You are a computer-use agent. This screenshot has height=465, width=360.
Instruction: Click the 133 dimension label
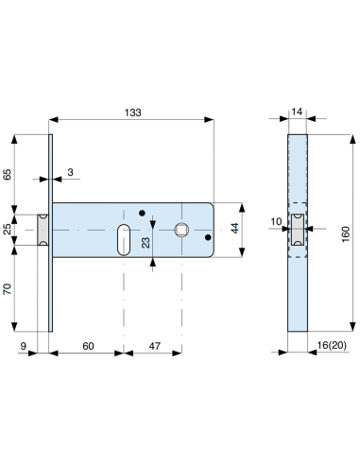(x=132, y=112)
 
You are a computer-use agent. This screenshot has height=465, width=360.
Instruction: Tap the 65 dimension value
(x=7, y=174)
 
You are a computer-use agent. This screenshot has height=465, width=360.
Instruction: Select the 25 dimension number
(x=7, y=229)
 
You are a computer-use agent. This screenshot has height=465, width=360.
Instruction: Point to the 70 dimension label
(x=7, y=289)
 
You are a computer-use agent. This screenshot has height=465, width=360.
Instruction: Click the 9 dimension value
(x=24, y=346)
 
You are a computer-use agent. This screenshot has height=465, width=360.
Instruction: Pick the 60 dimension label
(x=88, y=346)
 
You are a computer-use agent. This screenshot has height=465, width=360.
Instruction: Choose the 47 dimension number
(x=155, y=346)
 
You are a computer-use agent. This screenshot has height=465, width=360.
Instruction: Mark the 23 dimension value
(x=146, y=243)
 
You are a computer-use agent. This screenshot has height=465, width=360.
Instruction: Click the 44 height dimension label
(x=234, y=228)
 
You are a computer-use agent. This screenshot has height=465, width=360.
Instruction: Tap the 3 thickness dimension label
(x=70, y=172)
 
